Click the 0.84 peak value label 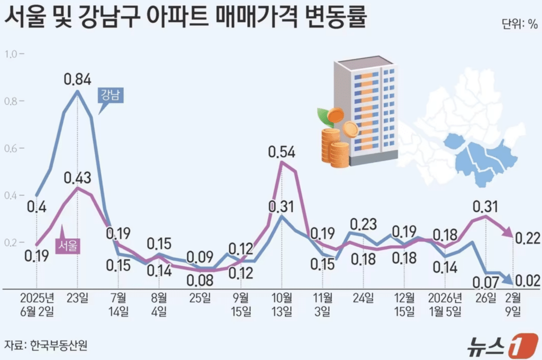pos(78,80)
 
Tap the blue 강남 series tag pos(112,96)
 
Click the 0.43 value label pos(78,177)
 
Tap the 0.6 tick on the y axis pos(11,148)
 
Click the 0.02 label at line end pos(527,281)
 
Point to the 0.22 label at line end pos(527,238)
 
